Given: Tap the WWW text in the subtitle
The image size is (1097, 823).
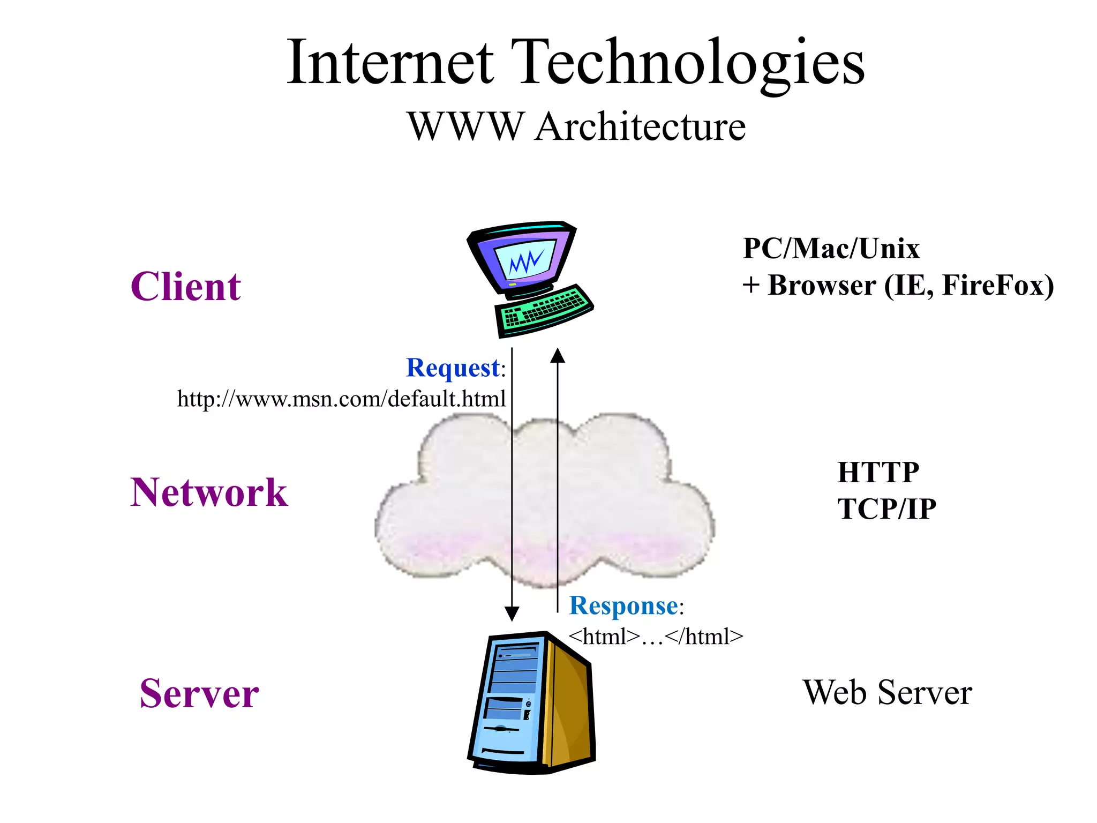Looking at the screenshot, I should [464, 127].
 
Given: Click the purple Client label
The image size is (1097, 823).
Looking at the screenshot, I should [185, 287].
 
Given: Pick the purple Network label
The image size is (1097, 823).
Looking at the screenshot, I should [209, 492].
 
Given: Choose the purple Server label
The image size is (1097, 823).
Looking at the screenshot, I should [199, 693].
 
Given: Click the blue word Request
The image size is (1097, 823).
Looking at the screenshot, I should [453, 368].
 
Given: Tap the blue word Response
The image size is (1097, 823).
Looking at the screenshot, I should [623, 606].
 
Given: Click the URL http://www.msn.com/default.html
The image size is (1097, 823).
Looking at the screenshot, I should [341, 399].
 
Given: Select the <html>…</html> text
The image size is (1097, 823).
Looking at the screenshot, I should [656, 637].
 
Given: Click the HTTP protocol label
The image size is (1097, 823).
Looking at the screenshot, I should [878, 473].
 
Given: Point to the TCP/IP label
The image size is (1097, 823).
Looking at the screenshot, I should [886, 509].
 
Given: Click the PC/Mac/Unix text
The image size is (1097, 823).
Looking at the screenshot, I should [831, 249].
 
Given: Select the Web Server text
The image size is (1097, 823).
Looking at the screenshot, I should [887, 693].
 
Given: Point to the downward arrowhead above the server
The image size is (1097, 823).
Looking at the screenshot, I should [512, 614].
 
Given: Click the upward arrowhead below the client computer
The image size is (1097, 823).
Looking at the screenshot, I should [558, 355].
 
